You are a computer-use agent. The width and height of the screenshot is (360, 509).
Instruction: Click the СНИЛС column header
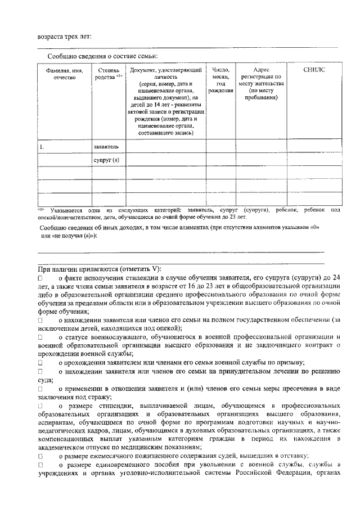pos(314,69)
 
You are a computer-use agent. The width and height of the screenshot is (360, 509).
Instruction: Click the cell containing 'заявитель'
pos(106,146)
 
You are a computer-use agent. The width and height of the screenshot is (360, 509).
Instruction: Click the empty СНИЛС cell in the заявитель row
pos(314,146)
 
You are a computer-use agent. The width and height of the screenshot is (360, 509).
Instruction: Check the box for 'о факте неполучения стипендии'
pos(40,278)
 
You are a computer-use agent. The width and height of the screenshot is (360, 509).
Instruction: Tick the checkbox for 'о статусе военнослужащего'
pos(40,337)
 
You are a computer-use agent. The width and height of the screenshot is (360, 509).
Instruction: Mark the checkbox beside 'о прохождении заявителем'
pos(40,363)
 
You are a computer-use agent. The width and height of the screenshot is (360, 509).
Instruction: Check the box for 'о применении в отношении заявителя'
pos(40,389)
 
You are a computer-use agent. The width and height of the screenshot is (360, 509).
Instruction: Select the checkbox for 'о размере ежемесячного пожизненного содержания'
pos(40,456)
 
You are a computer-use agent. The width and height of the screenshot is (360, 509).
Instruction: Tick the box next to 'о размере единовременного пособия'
pos(40,465)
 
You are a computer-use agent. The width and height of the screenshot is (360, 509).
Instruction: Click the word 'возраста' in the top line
pos(50,36)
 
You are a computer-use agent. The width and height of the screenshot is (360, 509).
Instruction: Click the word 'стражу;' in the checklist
pos(100,397)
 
